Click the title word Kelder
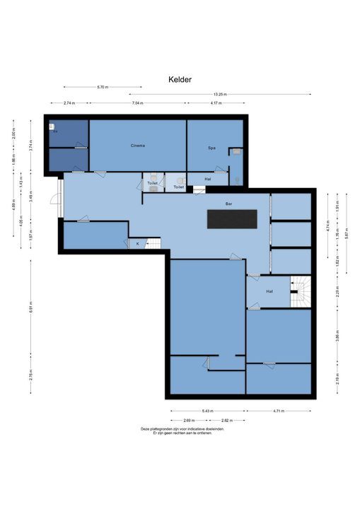point(180,81)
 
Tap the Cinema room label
point(137,146)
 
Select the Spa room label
point(211,148)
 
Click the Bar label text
point(228,204)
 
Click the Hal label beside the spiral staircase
point(269,291)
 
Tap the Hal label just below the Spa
point(208,179)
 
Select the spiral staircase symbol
point(301,291)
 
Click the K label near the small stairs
point(137,243)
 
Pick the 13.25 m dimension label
point(219,94)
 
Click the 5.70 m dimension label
point(103,87)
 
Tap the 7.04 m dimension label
point(137,103)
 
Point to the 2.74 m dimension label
point(69,103)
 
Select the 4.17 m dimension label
point(214,103)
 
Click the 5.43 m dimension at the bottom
point(207,409)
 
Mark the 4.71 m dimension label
point(278,409)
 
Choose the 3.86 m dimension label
point(338,337)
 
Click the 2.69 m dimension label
point(189,419)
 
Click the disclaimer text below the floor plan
point(182,431)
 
